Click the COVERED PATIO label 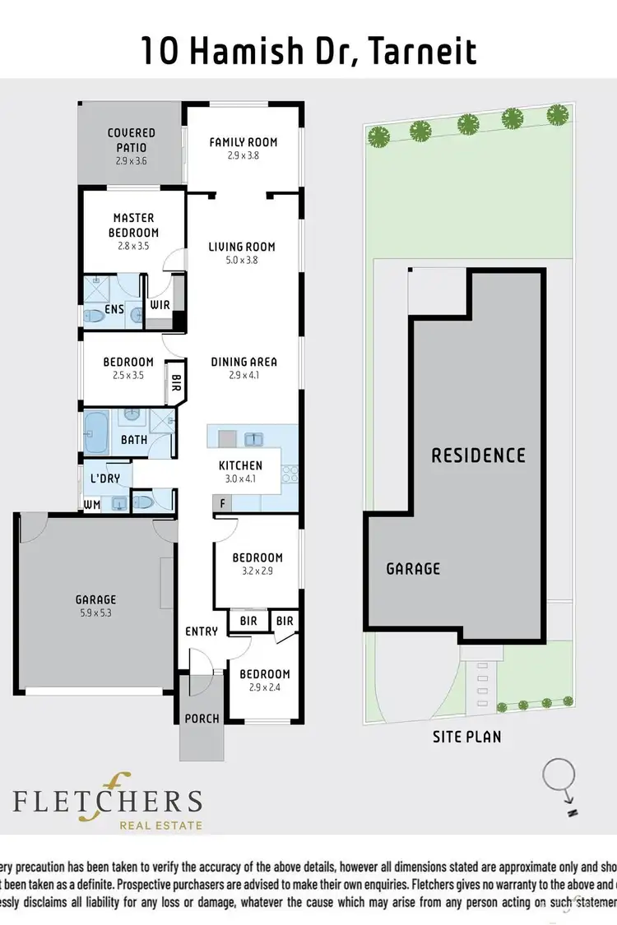click(131, 139)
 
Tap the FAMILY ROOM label click(244, 142)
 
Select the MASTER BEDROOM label click(134, 225)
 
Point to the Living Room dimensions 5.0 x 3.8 click(242, 261)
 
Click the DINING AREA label click(244, 362)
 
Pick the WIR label click(160, 305)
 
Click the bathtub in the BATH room click(96, 433)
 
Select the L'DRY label click(104, 478)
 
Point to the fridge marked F click(220, 502)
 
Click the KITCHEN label click(240, 466)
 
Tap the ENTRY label click(202, 631)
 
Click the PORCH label click(202, 719)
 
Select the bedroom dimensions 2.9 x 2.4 click(265, 688)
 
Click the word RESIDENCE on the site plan click(478, 455)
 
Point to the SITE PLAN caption click(466, 738)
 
